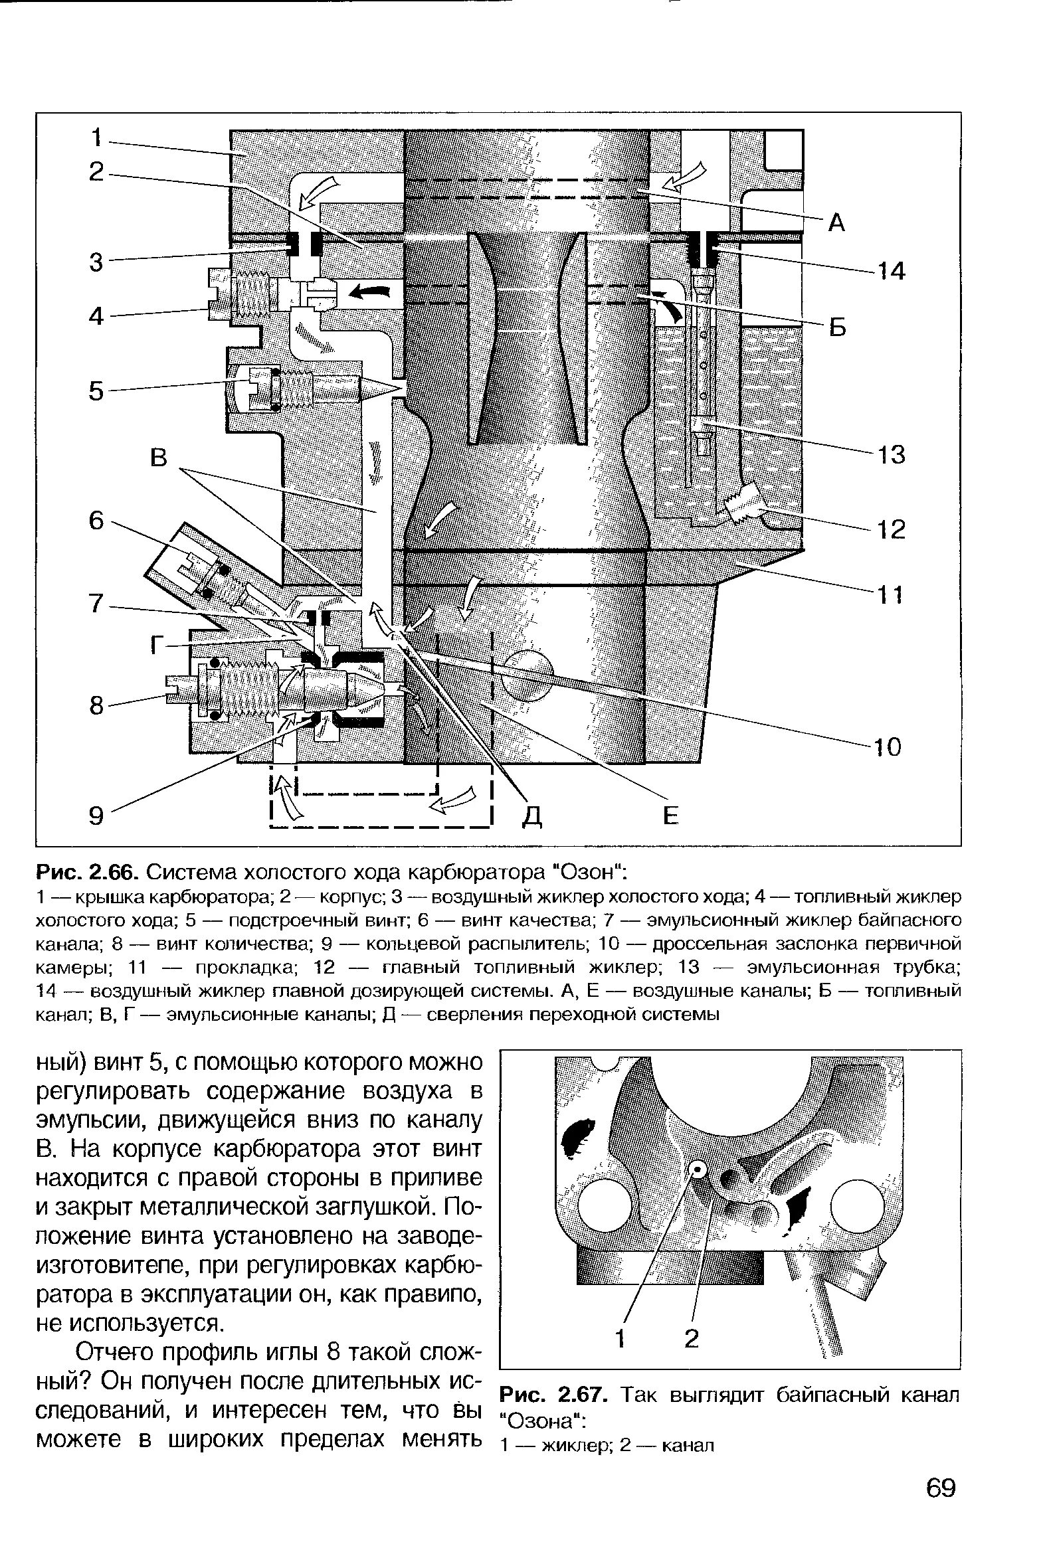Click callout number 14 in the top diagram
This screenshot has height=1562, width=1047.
point(890,272)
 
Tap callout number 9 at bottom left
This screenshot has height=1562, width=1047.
point(98,815)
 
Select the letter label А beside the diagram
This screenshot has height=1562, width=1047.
point(836,224)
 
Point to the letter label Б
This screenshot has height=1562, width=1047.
point(837,328)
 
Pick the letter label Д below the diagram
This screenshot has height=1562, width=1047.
point(531,816)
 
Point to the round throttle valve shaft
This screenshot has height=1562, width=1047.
point(527,677)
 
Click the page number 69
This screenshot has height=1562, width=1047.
point(941,1488)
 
